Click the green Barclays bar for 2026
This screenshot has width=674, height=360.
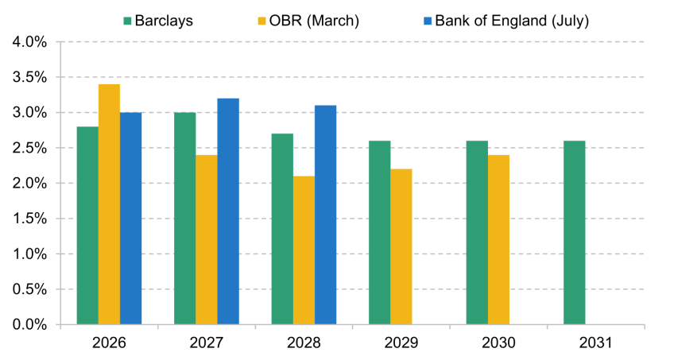coord(87,226)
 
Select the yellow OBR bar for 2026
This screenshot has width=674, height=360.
coord(109,204)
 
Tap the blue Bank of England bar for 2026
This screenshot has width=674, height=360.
coord(130,219)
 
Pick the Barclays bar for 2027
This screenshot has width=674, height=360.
coord(185,219)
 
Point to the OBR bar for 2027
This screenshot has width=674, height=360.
coord(207,240)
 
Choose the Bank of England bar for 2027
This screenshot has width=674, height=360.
coord(228,211)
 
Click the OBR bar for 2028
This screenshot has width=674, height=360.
coord(304,250)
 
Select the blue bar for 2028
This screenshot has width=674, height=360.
coord(325,215)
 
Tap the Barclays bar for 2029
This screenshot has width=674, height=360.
coord(380,232)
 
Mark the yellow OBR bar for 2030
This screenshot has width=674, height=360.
coord(498,240)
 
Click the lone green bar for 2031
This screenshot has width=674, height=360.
coord(575,232)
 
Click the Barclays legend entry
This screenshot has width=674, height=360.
coord(158,21)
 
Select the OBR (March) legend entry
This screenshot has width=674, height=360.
coord(308,21)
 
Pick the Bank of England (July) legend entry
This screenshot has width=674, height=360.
coord(506,21)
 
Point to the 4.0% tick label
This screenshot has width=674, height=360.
coord(29,42)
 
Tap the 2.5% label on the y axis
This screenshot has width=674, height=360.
coord(29,148)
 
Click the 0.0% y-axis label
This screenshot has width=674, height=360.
coord(29,325)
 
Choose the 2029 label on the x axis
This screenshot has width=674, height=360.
coord(401,343)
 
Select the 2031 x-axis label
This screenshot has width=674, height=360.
coord(596,343)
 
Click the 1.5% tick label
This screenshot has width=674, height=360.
coord(29,219)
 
